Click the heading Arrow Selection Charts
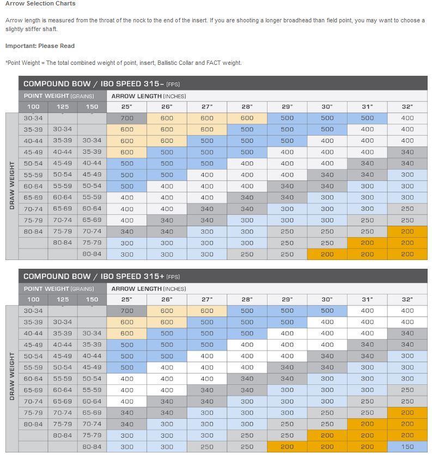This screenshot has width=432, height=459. [x=40, y=4]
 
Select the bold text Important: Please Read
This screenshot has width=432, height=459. [x=40, y=46]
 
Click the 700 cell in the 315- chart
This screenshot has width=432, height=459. [x=127, y=118]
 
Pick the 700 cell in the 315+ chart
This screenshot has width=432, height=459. [x=127, y=311]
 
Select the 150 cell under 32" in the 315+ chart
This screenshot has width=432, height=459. [x=407, y=446]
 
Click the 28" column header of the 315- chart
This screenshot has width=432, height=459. [x=247, y=106]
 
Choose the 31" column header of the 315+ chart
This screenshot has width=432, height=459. [x=367, y=299]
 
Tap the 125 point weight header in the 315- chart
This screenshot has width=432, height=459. [x=63, y=106]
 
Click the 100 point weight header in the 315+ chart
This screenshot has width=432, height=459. [x=33, y=299]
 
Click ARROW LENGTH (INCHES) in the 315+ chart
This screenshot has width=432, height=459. [x=149, y=288]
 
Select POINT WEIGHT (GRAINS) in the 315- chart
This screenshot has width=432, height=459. [x=58, y=96]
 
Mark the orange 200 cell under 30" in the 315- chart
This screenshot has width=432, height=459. [x=327, y=254]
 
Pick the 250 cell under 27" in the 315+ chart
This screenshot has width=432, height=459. [x=207, y=446]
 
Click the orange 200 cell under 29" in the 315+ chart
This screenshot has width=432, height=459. [x=287, y=446]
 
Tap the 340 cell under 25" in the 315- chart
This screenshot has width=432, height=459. [x=127, y=231]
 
